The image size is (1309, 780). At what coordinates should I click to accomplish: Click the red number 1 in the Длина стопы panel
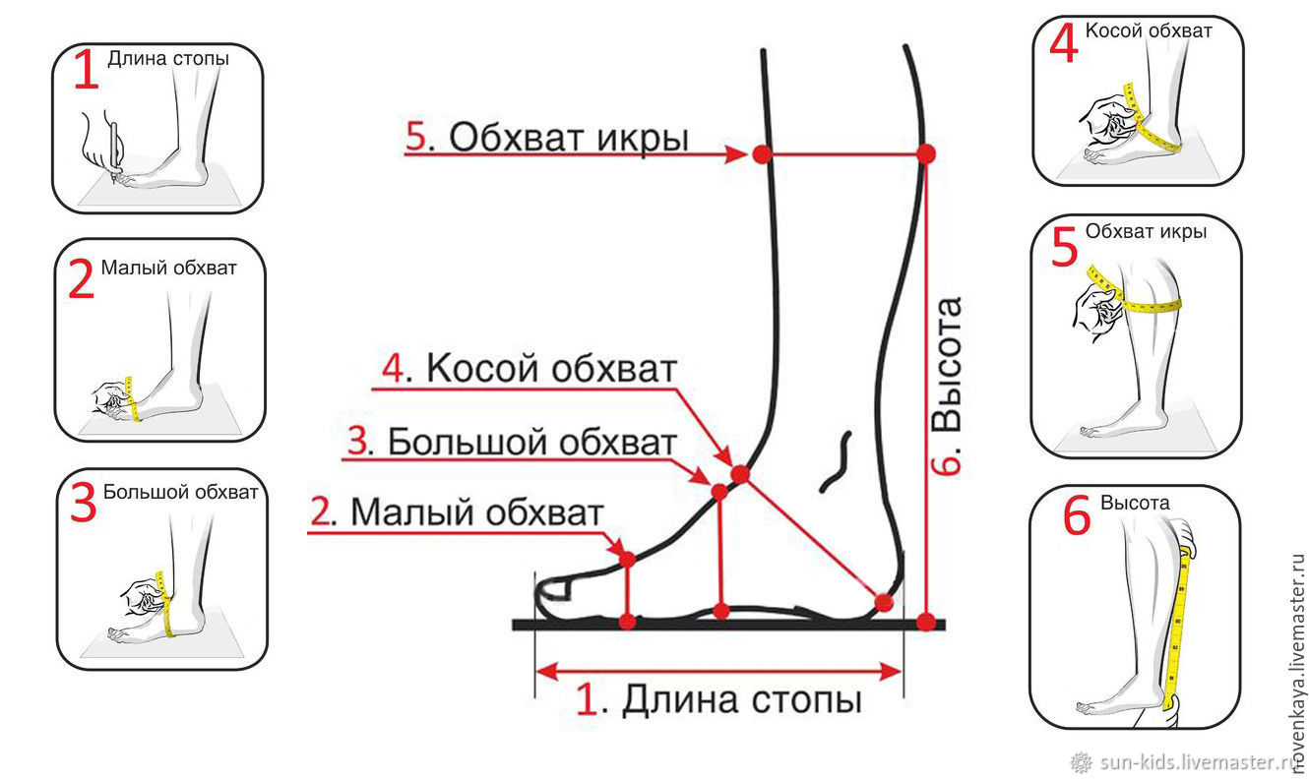87,70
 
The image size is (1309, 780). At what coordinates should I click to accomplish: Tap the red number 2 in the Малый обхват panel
82,278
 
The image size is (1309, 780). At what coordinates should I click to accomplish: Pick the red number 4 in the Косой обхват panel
1064,41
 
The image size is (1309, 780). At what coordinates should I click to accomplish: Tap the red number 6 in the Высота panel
1077,514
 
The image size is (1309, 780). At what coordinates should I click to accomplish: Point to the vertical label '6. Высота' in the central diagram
946,386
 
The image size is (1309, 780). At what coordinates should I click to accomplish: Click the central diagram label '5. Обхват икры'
547,137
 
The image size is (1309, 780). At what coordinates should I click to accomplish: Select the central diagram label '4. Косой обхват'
530,369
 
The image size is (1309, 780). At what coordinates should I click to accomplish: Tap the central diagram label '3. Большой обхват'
513,442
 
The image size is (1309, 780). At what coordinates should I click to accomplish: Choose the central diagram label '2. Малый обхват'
457,512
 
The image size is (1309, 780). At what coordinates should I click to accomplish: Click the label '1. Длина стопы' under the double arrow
718,698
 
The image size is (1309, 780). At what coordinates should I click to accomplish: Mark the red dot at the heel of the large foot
884,603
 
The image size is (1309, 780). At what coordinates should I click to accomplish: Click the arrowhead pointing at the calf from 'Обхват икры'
736,154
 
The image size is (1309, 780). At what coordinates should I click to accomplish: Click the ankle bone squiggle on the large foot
836,462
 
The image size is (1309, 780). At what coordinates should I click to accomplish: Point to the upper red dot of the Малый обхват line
626,560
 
